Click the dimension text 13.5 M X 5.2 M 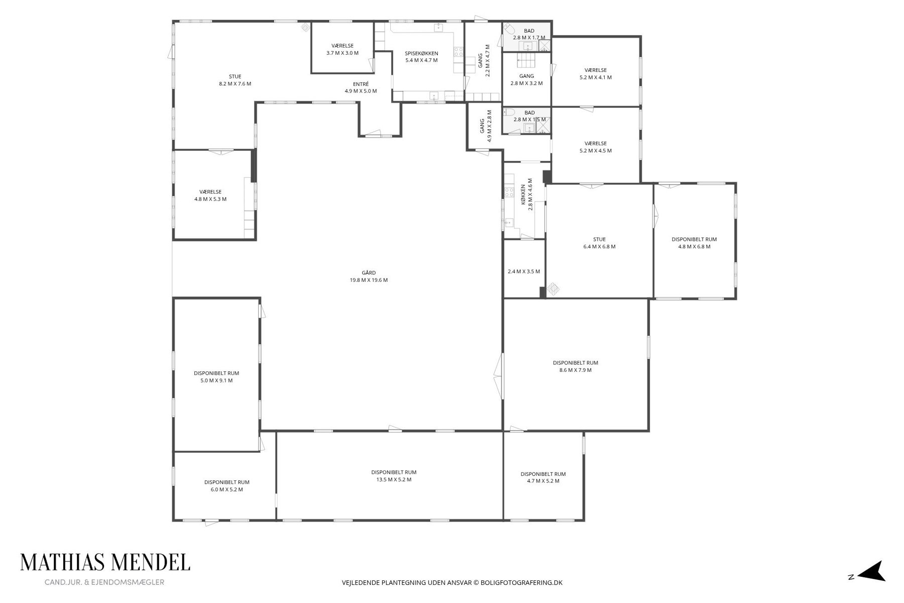coord(394,479)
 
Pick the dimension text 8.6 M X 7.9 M coord(575,370)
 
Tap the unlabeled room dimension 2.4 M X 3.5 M coord(524,271)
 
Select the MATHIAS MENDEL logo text coord(105,562)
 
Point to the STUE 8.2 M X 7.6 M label coord(235,80)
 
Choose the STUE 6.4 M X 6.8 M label coord(599,243)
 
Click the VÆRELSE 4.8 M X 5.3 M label coord(210,195)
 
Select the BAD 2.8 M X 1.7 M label coord(529,34)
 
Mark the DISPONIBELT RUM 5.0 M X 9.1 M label coord(216,377)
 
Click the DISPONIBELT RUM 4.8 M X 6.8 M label coord(694,243)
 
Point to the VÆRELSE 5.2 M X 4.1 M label coord(596,74)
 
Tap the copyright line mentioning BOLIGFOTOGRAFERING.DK coord(452,583)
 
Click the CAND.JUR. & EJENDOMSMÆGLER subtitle coord(104,582)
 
